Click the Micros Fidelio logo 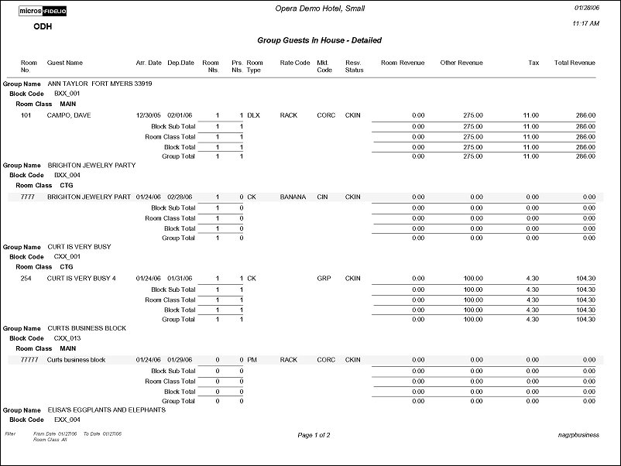pos(43,12)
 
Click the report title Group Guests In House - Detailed pos(319,40)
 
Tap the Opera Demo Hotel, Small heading pos(320,9)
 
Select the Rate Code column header pos(294,63)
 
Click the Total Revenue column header pos(575,63)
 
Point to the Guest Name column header pos(65,63)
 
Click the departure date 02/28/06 pos(180,197)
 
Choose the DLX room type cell pos(255,115)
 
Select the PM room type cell pos(252,360)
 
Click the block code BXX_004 pos(67,175)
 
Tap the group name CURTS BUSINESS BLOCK pos(87,328)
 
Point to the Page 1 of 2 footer pos(314,435)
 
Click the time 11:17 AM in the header pos(584,24)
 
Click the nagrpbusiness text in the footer pos(578,435)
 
